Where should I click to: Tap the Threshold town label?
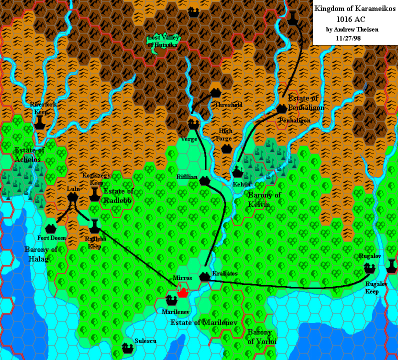pos(228,105)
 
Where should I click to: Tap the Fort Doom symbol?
pos(50,229)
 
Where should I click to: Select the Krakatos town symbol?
pos(204,276)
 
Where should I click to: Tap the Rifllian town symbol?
pos(204,181)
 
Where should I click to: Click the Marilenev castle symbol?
pos(171,300)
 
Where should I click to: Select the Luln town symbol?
pos(72,197)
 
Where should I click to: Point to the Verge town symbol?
pos(193,124)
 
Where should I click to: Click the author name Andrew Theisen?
pos(352,29)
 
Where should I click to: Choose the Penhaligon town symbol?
pos(281,108)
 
